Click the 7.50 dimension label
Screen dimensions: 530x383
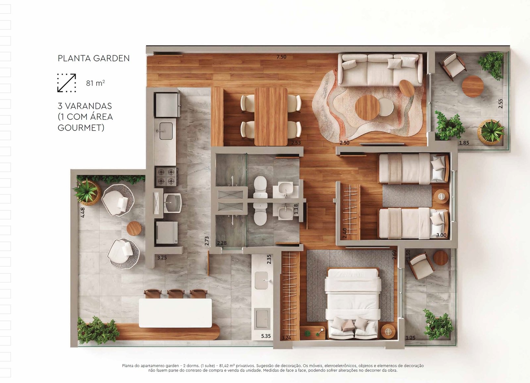(281, 57)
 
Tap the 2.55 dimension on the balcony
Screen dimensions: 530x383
(501, 103)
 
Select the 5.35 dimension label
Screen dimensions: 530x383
(266, 336)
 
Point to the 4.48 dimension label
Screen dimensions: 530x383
(82, 212)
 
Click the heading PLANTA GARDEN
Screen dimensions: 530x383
(94, 58)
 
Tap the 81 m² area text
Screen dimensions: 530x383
(95, 83)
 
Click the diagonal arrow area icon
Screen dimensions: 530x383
(67, 82)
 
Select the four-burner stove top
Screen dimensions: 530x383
(167, 176)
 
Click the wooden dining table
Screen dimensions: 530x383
(271, 117)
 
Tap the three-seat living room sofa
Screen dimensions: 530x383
(380, 70)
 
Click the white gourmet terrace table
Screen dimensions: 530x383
(175, 313)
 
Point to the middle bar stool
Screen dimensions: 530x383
(176, 294)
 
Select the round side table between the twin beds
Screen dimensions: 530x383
(442, 196)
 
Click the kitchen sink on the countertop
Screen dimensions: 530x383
(164, 131)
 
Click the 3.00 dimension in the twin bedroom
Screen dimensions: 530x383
(441, 235)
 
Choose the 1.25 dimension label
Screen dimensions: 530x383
(410, 338)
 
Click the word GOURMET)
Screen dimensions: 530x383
(81, 128)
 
